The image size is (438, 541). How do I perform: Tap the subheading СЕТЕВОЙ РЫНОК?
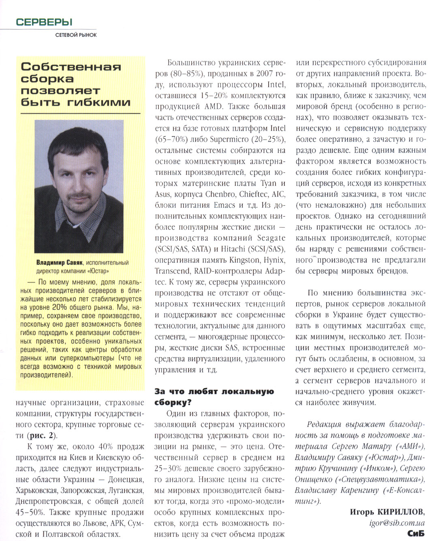tap(76, 35)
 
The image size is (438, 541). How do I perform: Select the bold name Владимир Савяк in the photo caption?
tap(60, 263)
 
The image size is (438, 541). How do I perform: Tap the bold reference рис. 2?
tap(41, 436)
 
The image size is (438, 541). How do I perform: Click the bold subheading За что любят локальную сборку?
tap(214, 397)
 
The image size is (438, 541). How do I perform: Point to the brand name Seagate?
tap(271, 238)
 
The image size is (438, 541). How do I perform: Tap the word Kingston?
tap(244, 260)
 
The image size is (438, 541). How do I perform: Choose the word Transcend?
tap(172, 271)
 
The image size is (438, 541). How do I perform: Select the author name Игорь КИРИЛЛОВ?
tap(387, 512)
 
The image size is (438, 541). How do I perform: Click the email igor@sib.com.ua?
tap(397, 523)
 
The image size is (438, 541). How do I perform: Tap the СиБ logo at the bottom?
tap(416, 534)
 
